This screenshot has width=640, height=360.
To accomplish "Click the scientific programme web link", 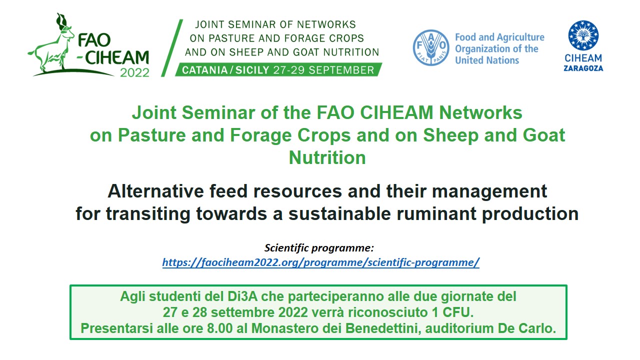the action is click(x=321, y=262).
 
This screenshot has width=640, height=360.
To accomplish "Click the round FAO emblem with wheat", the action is click(x=431, y=47).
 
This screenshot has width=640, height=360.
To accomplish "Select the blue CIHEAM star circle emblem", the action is click(x=583, y=35).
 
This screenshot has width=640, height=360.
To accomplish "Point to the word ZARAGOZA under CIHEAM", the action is click(x=583, y=68).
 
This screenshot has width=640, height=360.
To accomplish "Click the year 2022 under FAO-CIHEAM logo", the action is click(x=134, y=73).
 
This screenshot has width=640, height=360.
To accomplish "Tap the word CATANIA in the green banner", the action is click(x=204, y=70).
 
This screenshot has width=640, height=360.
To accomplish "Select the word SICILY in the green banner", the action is click(x=252, y=70).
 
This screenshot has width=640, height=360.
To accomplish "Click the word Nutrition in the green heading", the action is click(x=327, y=157).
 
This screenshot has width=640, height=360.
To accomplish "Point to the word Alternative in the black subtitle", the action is click(x=155, y=191).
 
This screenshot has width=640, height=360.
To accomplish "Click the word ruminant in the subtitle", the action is click(x=436, y=213).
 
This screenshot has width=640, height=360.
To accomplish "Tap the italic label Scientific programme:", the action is click(x=319, y=247).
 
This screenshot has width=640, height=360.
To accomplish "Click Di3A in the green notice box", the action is click(x=242, y=296).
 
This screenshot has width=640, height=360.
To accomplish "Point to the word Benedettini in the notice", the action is click(x=383, y=328).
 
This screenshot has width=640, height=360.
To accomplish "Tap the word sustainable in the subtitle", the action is click(x=339, y=213).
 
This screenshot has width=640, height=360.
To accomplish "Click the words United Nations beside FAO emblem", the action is click(x=487, y=60).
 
